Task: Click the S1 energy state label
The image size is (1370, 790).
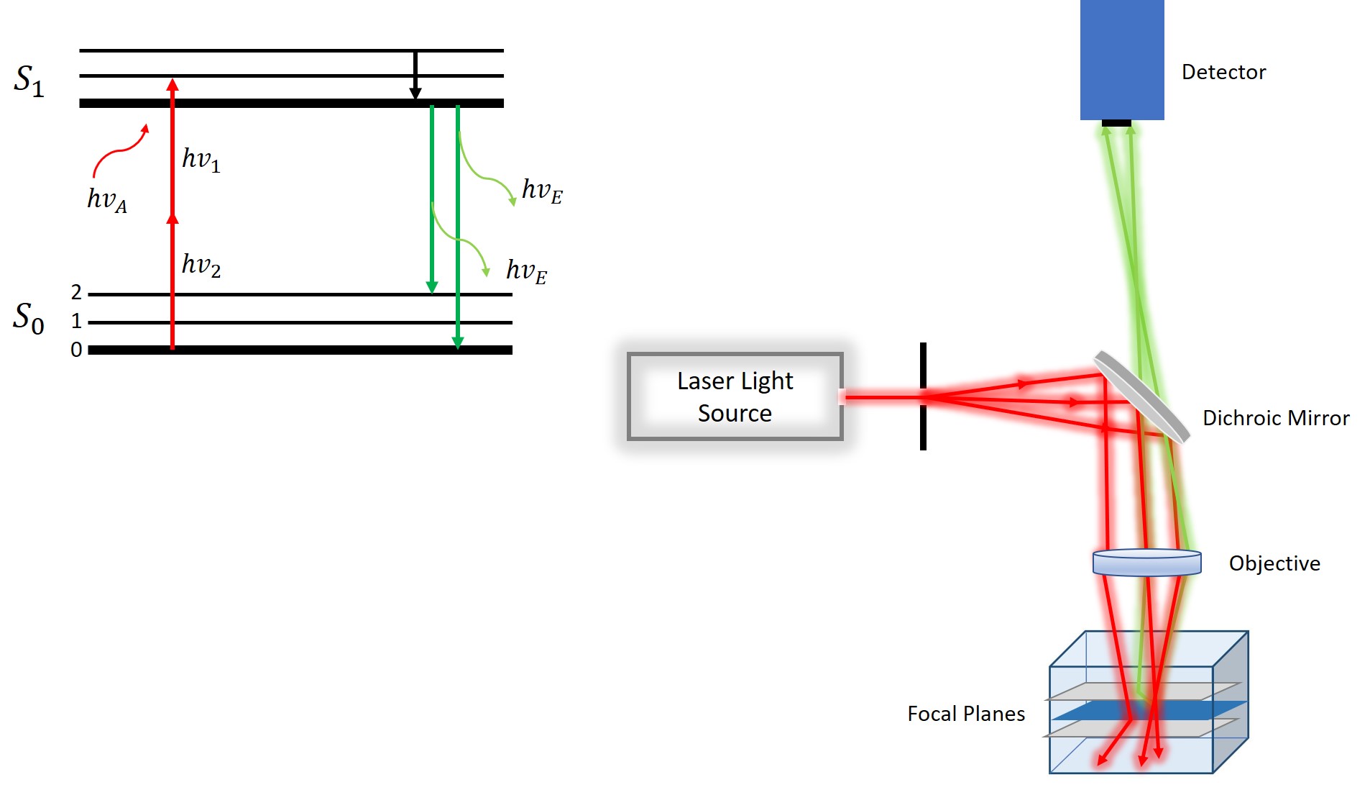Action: pyautogui.click(x=29, y=81)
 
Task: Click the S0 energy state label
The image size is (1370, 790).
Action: pyautogui.click(x=29, y=317)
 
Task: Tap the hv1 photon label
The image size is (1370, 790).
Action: pyautogui.click(x=201, y=159)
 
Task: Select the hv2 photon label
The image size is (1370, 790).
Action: pyautogui.click(x=201, y=265)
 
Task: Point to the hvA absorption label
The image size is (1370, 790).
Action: pyautogui.click(x=106, y=199)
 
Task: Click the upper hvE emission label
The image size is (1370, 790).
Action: pyautogui.click(x=542, y=191)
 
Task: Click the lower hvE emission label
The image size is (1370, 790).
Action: pyautogui.click(x=526, y=271)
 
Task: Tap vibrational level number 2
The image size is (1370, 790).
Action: pyautogui.click(x=76, y=292)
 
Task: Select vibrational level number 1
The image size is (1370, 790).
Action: pyautogui.click(x=76, y=321)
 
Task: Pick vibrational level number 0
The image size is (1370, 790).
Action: pyautogui.click(x=76, y=350)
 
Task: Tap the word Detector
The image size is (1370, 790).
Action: pyautogui.click(x=1223, y=72)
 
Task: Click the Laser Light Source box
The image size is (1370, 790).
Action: pyautogui.click(x=735, y=396)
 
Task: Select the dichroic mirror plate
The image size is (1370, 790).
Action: pyautogui.click(x=1141, y=396)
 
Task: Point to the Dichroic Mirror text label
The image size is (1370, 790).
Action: pyautogui.click(x=1276, y=418)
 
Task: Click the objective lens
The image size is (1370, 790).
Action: pyautogui.click(x=1146, y=563)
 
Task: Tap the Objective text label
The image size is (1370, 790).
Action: pyautogui.click(x=1274, y=563)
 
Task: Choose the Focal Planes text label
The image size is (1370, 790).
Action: pyautogui.click(x=966, y=714)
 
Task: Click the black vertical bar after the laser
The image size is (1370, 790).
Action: pyautogui.click(x=923, y=396)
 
